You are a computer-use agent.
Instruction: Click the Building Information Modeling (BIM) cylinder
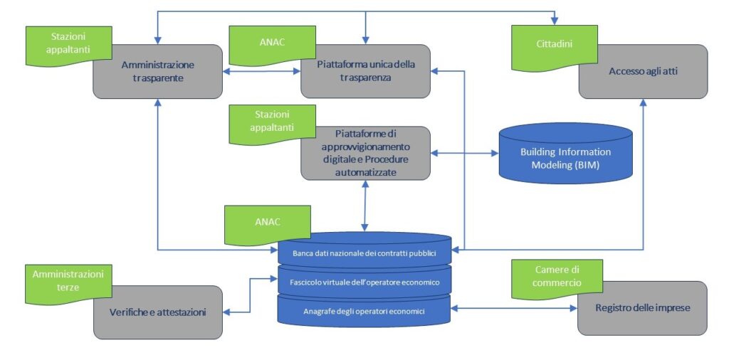pyautogui.click(x=565, y=158)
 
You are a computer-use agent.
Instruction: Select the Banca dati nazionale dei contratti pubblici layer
pyautogui.click(x=364, y=253)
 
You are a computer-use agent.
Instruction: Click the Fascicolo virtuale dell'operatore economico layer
pyautogui.click(x=364, y=282)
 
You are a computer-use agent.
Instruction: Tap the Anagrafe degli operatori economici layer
pyautogui.click(x=364, y=311)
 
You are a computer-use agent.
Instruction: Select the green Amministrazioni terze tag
pyautogui.click(x=68, y=280)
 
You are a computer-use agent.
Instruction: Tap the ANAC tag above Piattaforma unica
pyautogui.click(x=272, y=42)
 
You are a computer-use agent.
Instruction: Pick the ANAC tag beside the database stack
pyautogui.click(x=267, y=221)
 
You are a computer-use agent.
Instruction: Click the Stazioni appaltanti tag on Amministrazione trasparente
pyautogui.click(x=68, y=43)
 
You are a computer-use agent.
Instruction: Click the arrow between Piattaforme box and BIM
pyautogui.click(x=465, y=153)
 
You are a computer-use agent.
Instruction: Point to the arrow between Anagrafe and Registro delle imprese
pyautogui.click(x=514, y=308)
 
